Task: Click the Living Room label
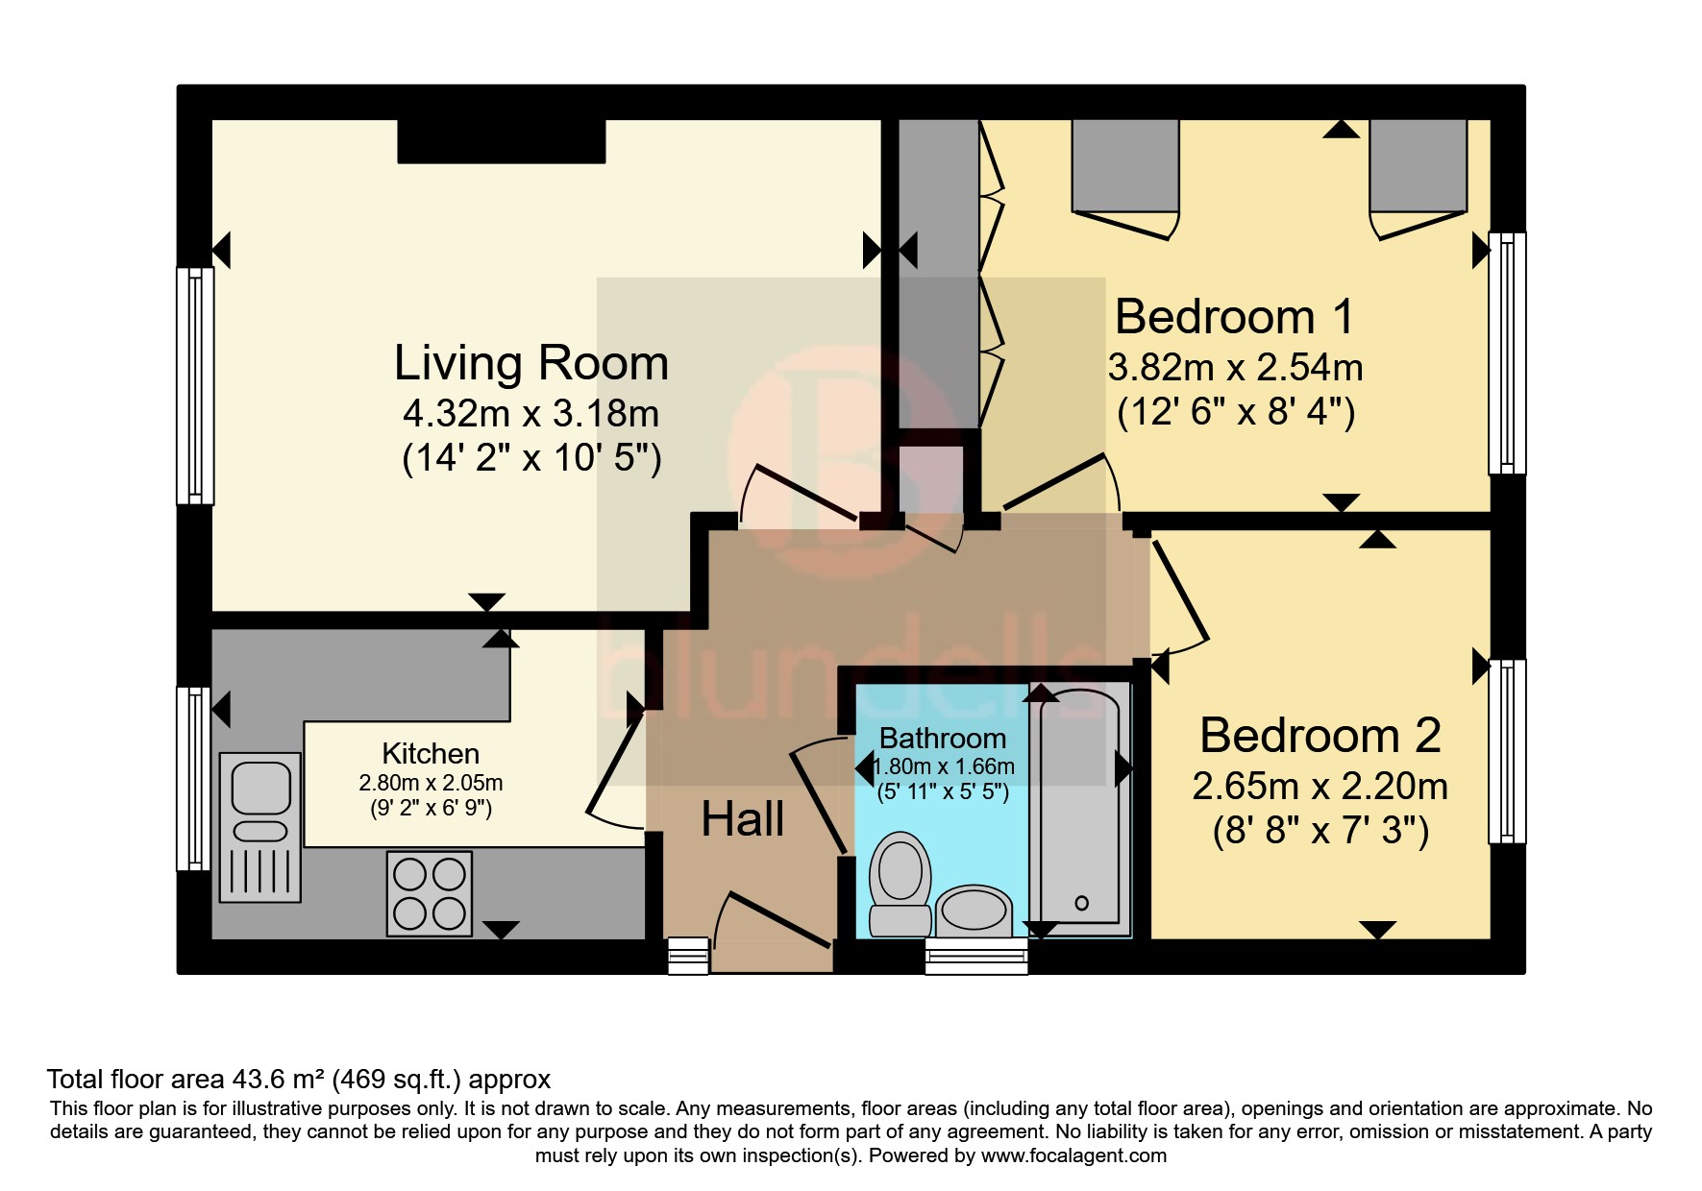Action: coord(530,363)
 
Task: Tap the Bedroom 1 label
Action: coord(1234,317)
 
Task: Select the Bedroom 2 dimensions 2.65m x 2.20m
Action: coord(1320,787)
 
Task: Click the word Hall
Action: coord(742,819)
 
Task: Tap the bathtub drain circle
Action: coord(1081,903)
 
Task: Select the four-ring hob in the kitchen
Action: coord(430,893)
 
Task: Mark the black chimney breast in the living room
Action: coord(502,141)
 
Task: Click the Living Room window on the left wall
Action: coord(195,385)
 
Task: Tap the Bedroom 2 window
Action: coord(1507,751)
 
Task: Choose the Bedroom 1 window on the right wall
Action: coord(1507,352)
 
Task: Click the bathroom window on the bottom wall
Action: coord(976,957)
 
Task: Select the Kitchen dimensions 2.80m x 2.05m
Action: coord(431,783)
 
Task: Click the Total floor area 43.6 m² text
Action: coord(298,1079)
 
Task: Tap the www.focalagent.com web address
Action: coord(1073,1155)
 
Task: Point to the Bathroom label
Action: coord(942,739)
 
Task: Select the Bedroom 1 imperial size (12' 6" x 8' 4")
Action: coord(1236,413)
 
